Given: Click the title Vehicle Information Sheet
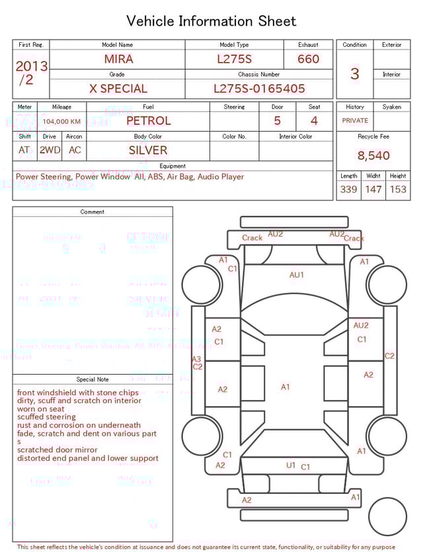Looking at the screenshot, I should [211, 21].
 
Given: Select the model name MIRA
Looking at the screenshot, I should [118, 59].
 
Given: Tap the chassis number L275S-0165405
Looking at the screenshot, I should [259, 89].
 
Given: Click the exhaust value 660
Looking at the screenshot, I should [308, 59].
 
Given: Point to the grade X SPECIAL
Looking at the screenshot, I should [118, 89].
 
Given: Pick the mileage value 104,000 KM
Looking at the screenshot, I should [61, 122].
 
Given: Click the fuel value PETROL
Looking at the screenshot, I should [148, 120].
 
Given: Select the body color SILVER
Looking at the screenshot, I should [148, 150].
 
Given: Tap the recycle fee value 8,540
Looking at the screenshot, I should [373, 155].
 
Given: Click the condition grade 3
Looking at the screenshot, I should [354, 73].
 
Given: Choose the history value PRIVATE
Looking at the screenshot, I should [355, 121].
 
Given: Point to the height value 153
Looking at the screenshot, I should [398, 189].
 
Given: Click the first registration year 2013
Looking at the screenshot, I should [31, 66].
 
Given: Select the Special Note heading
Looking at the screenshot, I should [93, 379].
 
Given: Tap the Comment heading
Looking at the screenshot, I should [93, 212].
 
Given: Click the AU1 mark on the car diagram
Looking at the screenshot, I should [297, 275].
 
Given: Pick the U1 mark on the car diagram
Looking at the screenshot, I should [291, 465].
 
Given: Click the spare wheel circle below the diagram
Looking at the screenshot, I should [387, 516].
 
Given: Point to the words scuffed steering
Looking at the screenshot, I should [46, 417].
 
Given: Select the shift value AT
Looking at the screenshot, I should [24, 150].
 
